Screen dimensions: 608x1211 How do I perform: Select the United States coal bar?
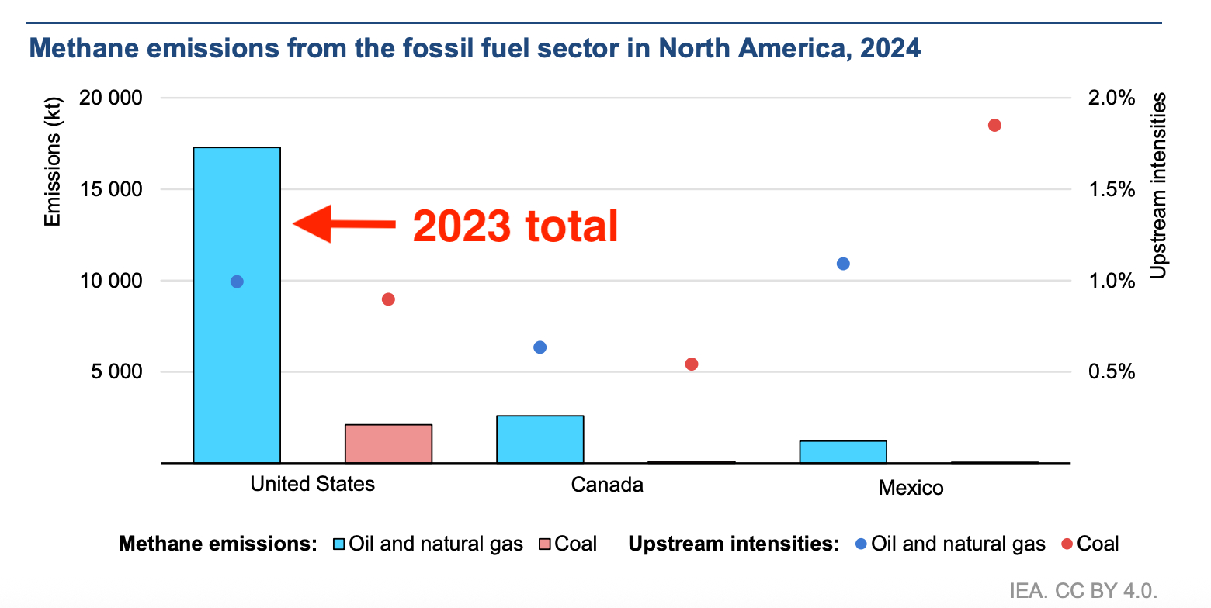(x=388, y=444)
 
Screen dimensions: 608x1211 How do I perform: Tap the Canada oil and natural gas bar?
(x=540, y=439)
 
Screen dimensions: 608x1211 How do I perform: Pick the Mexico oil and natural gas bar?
(x=843, y=451)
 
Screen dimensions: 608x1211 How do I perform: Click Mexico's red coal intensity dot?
(x=994, y=126)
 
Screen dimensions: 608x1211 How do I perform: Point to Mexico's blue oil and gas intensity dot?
(x=843, y=264)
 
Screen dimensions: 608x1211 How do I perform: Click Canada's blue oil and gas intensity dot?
(x=540, y=347)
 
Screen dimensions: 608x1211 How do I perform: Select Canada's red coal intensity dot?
(x=692, y=364)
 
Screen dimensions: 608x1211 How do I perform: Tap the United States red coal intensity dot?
(x=389, y=299)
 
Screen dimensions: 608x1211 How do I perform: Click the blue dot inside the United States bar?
(x=238, y=282)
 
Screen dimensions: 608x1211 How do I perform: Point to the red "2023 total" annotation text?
(x=515, y=226)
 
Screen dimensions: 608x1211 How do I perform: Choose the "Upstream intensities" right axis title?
(x=1157, y=186)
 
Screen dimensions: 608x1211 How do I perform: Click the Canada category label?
(x=607, y=485)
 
